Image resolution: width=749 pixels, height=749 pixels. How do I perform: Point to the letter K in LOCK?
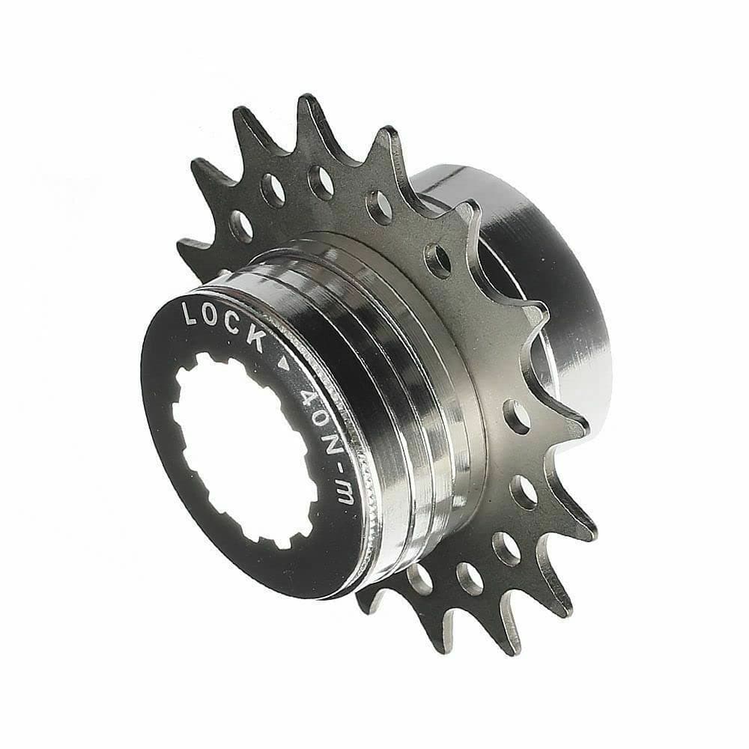(x=255, y=339)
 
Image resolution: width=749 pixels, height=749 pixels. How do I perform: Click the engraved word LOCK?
(x=223, y=323)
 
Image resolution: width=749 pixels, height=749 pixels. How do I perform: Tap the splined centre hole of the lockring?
(x=240, y=449)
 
